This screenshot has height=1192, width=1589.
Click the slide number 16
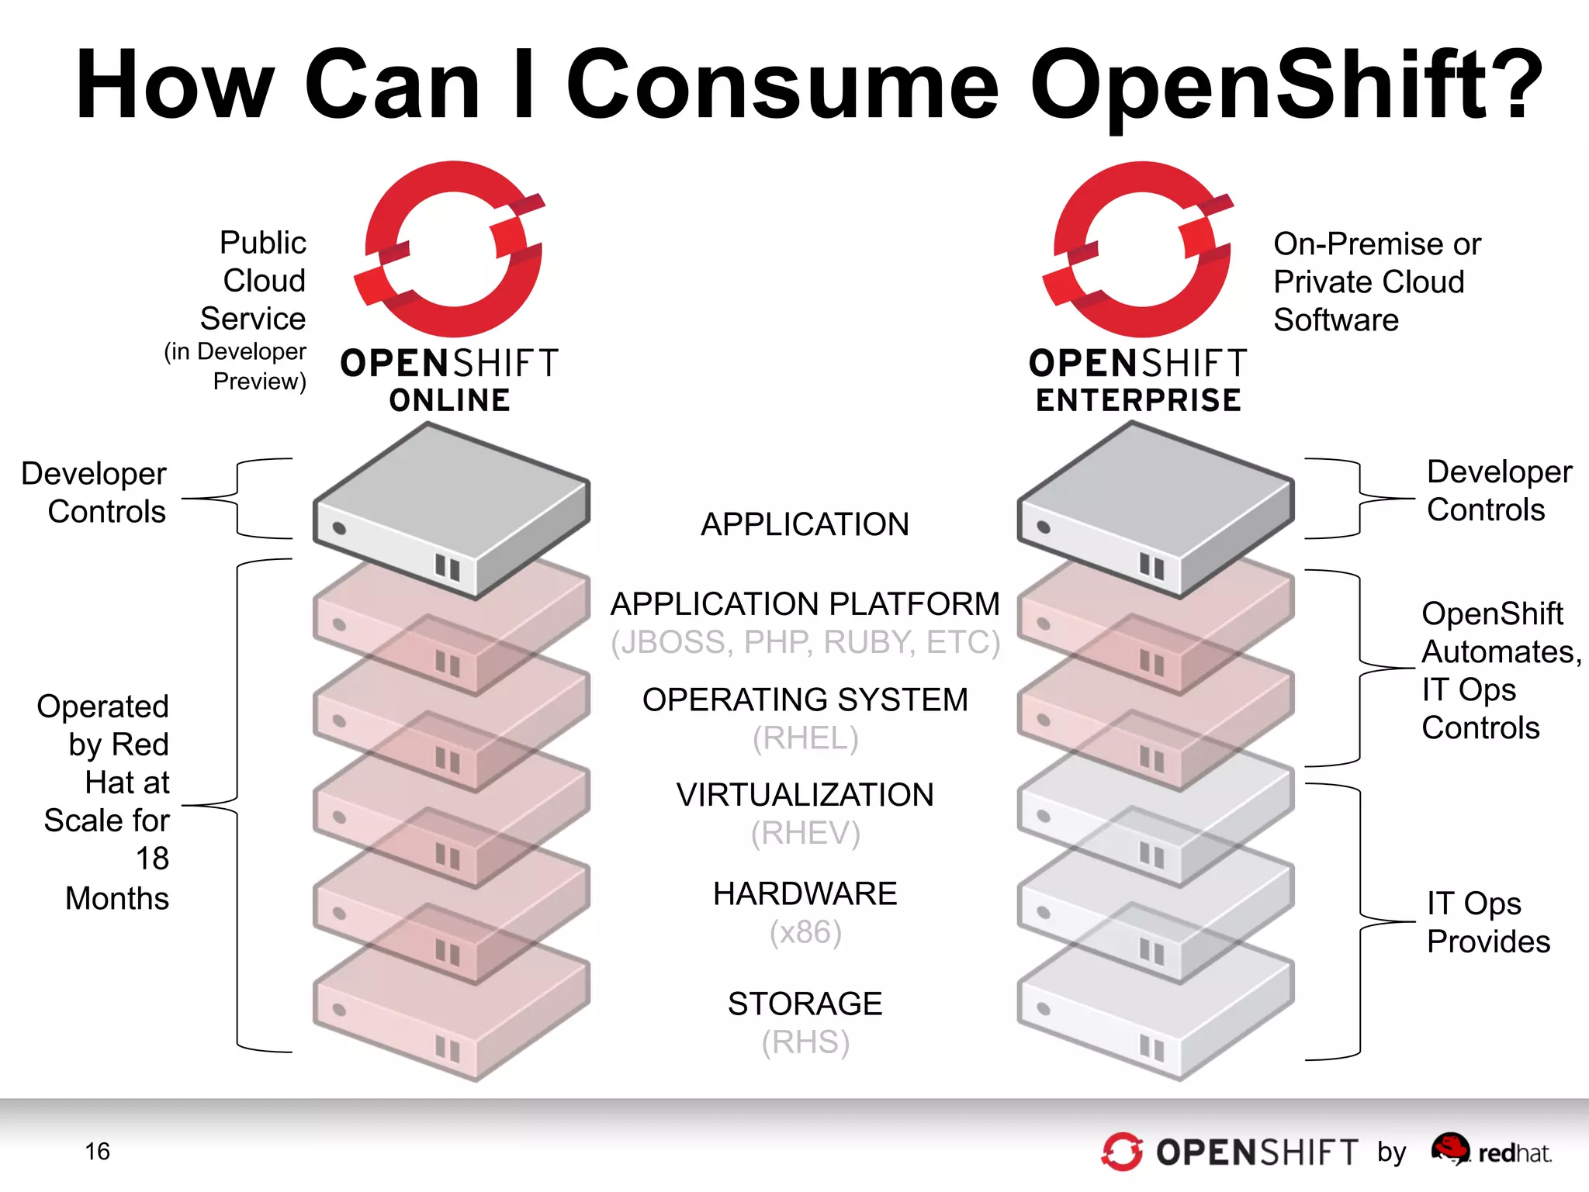click(x=98, y=1151)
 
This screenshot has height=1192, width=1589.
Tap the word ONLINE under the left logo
click(x=450, y=400)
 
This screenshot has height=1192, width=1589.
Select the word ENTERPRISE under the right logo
click(x=1138, y=400)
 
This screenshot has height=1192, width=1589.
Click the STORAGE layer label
click(x=805, y=1004)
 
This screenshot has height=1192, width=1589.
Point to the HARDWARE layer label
click(x=805, y=893)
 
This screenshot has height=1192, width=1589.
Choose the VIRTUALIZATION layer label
click(x=805, y=795)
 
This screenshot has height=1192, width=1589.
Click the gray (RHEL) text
click(x=805, y=738)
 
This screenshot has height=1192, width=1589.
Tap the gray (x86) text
click(x=805, y=931)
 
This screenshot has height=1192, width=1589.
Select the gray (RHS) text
click(x=805, y=1042)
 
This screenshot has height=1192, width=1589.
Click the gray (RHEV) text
click(x=805, y=833)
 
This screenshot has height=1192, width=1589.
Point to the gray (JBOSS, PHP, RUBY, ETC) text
click(x=805, y=642)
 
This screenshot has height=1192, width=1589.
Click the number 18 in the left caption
click(x=152, y=859)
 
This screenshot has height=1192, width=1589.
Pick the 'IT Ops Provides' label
click(x=1487, y=922)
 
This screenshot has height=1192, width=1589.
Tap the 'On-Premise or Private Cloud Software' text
click(x=1376, y=282)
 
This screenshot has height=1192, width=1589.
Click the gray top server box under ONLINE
click(x=451, y=508)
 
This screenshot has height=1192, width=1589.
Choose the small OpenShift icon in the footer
click(x=1122, y=1152)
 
